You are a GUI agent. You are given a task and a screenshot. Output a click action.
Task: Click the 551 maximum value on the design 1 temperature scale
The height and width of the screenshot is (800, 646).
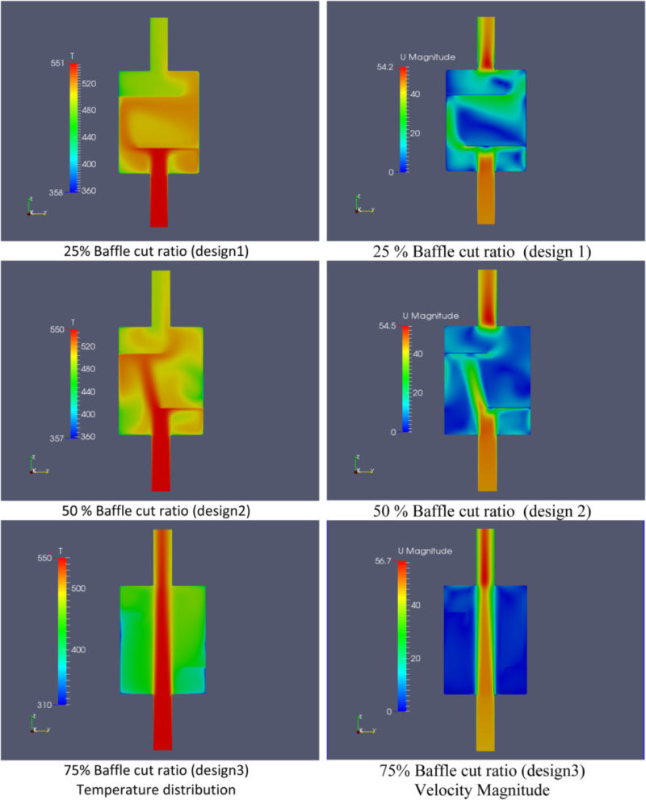(57, 65)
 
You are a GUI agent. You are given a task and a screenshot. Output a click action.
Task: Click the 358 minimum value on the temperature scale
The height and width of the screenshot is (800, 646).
(57, 192)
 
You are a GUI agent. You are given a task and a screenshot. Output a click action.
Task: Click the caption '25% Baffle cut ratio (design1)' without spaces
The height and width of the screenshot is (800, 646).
(156, 252)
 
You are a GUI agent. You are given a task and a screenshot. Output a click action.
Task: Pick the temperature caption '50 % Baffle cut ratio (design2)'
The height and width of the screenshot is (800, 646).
(156, 510)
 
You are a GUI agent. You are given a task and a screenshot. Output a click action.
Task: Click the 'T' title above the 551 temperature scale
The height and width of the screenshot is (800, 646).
(73, 56)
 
